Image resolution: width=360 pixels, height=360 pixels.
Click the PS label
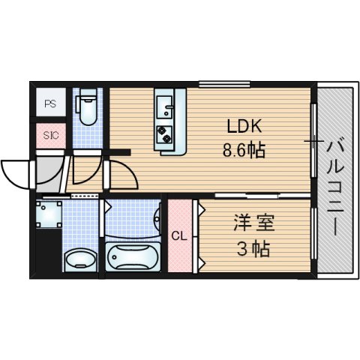click(x=50, y=104)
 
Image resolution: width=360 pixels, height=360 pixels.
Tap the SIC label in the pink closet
click(x=50, y=136)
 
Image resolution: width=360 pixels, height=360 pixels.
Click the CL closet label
click(x=178, y=235)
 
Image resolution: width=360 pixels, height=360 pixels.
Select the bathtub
click(x=133, y=257)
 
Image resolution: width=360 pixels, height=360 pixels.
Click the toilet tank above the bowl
click(x=88, y=96)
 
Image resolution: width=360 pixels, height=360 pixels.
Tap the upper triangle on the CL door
click(x=201, y=211)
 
